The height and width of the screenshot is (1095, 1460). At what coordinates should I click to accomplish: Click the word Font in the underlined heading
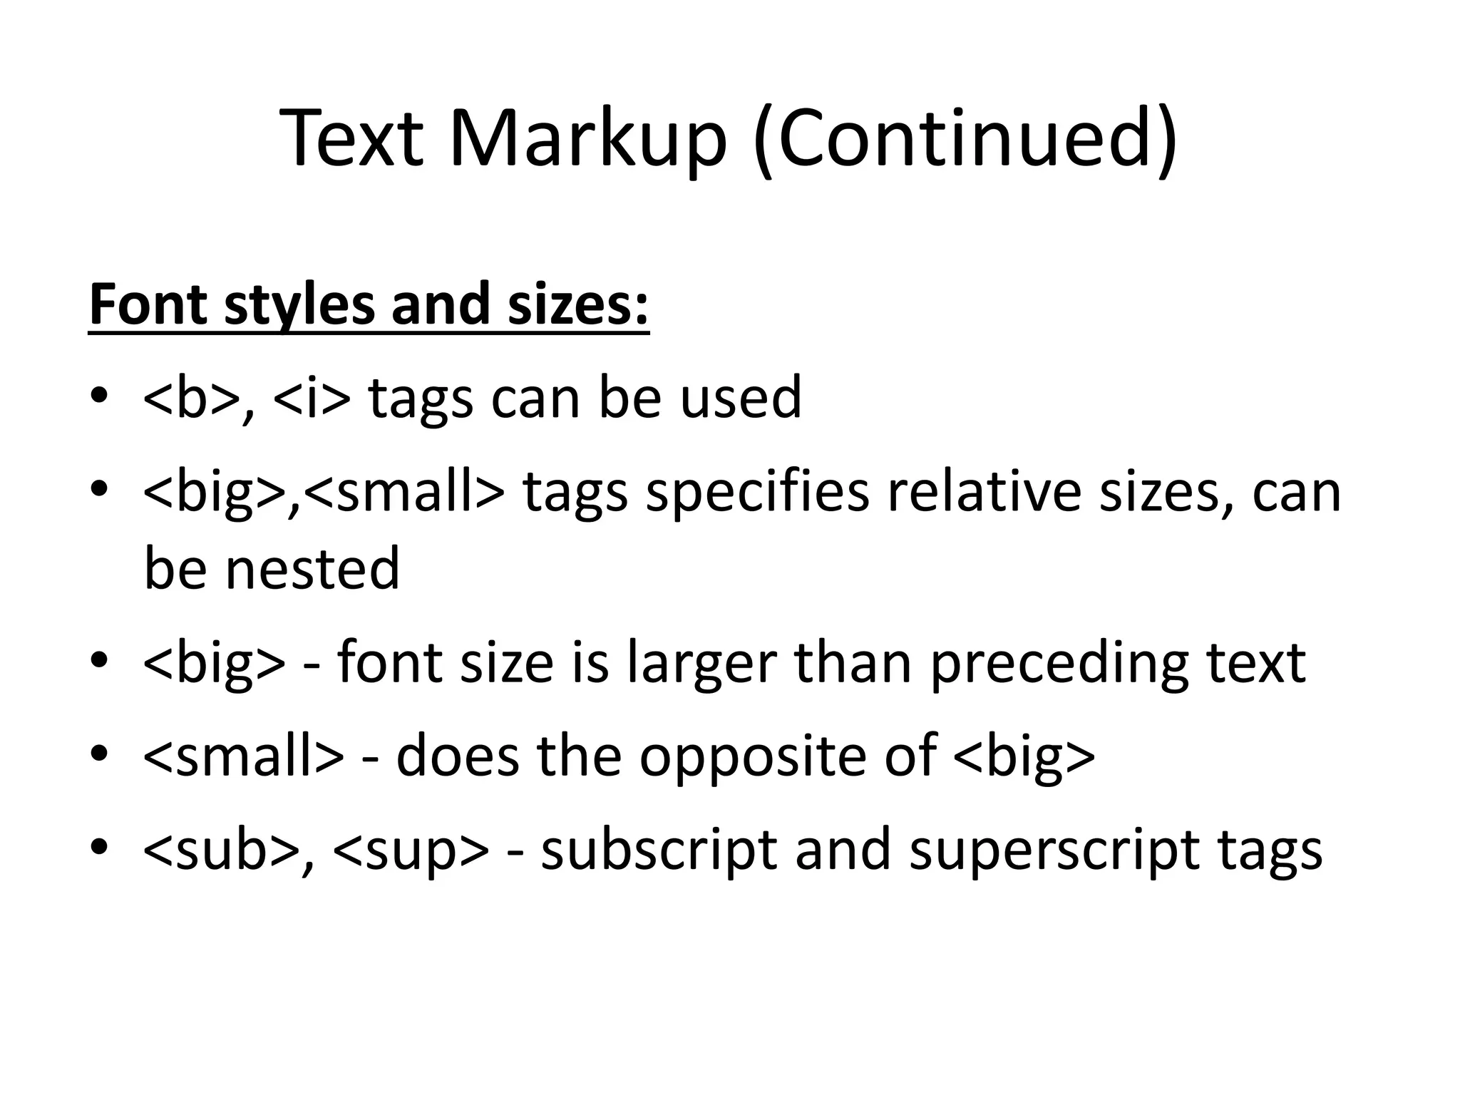pos(148,304)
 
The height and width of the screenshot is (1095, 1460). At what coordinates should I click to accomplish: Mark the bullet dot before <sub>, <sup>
pos(99,847)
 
